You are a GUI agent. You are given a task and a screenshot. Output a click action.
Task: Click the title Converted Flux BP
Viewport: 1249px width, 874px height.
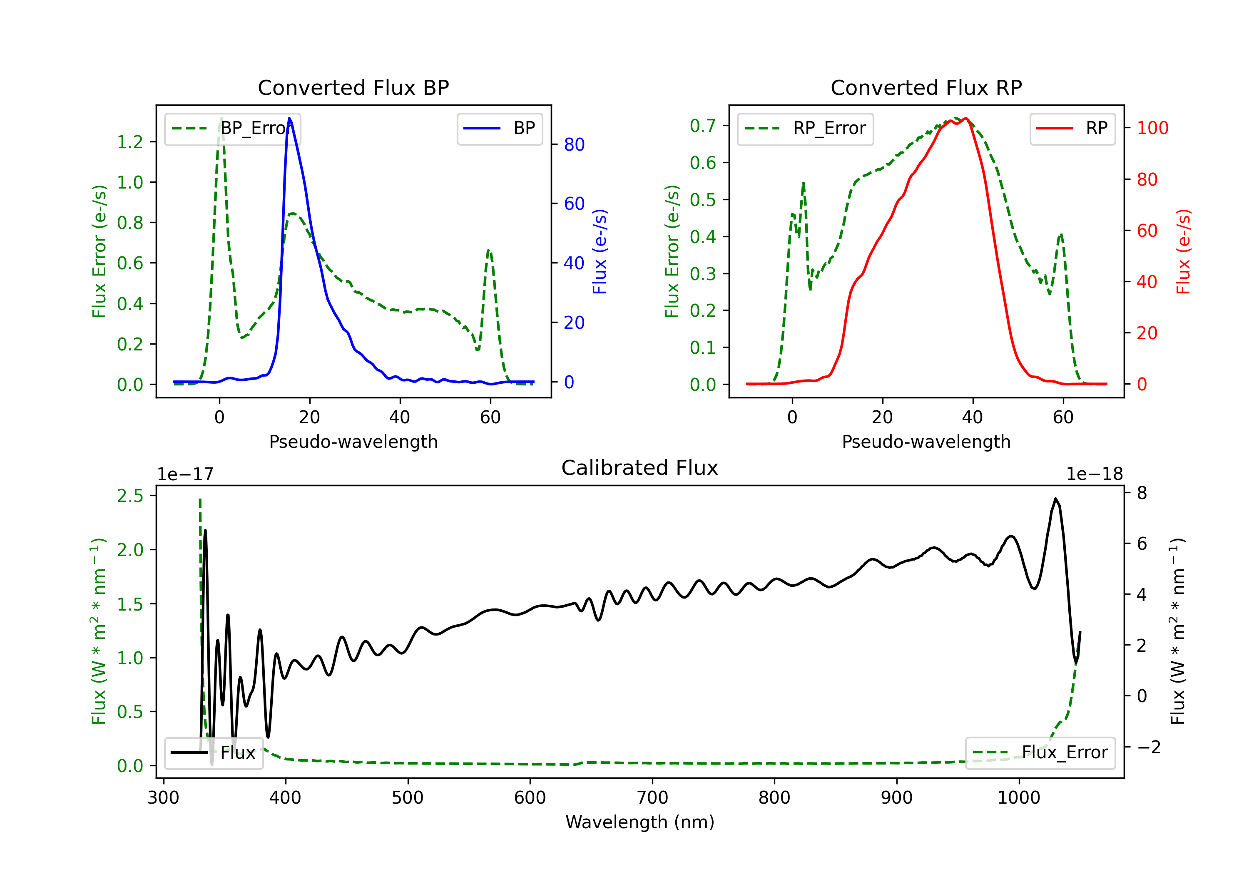click(x=353, y=87)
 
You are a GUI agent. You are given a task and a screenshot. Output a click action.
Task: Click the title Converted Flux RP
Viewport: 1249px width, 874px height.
click(x=926, y=87)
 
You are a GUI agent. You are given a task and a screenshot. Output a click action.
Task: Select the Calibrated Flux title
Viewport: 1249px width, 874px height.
click(x=640, y=468)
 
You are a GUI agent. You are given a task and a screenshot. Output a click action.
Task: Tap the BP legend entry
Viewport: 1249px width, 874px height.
click(x=499, y=128)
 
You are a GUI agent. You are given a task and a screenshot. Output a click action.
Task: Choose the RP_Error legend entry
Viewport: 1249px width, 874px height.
click(x=805, y=128)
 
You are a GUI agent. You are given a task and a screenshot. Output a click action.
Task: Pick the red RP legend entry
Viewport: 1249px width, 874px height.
click(x=1072, y=128)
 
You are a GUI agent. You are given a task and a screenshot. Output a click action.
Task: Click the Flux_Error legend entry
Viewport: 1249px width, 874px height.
click(x=1040, y=753)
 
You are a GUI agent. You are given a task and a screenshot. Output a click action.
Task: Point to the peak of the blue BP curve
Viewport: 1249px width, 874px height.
click(x=289, y=118)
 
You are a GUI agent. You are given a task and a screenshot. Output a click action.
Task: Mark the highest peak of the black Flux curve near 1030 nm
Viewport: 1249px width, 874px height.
click(x=1055, y=498)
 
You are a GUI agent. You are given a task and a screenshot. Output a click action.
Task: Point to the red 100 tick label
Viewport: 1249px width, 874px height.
click(x=1153, y=128)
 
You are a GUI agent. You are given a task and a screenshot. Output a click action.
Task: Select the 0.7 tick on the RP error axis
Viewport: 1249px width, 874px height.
click(x=703, y=126)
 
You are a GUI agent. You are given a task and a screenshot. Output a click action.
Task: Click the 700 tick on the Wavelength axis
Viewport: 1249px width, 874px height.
click(x=652, y=798)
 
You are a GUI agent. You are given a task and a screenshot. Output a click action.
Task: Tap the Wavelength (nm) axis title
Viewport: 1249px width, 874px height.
click(x=640, y=822)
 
